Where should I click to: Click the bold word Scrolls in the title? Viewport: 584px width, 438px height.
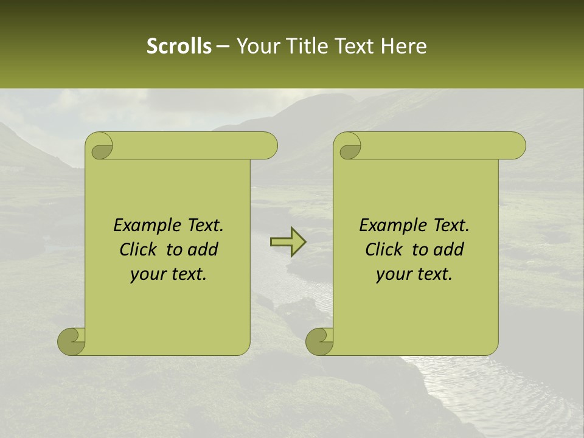pyautogui.click(x=179, y=46)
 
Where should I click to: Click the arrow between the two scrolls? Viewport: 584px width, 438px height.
pyautogui.click(x=288, y=242)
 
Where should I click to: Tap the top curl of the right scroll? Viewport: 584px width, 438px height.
pyautogui.click(x=349, y=147)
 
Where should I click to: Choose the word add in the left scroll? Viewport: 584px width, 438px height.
pyautogui.click(x=204, y=249)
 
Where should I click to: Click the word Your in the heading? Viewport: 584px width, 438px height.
pyautogui.click(x=256, y=46)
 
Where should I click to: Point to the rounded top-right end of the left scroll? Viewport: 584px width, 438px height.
pyautogui.click(x=268, y=146)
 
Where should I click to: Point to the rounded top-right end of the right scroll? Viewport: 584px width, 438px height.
pyautogui.click(x=516, y=146)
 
